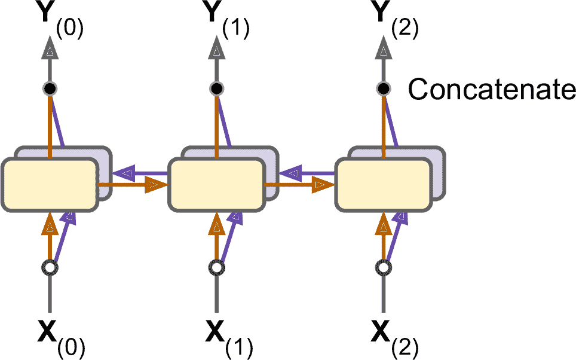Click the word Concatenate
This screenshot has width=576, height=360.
pos(491,90)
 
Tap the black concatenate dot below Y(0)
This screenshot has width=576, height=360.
pos(50,89)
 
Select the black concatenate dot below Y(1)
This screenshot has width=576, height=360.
pos(217,89)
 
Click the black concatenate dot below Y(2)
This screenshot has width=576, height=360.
pos(383,89)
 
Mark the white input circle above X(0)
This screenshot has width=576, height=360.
pos(50,267)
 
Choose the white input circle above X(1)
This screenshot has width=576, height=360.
pos(217,267)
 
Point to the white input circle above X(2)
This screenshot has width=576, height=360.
pos(383,267)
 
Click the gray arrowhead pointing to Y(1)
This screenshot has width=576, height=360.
pos(217,53)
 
